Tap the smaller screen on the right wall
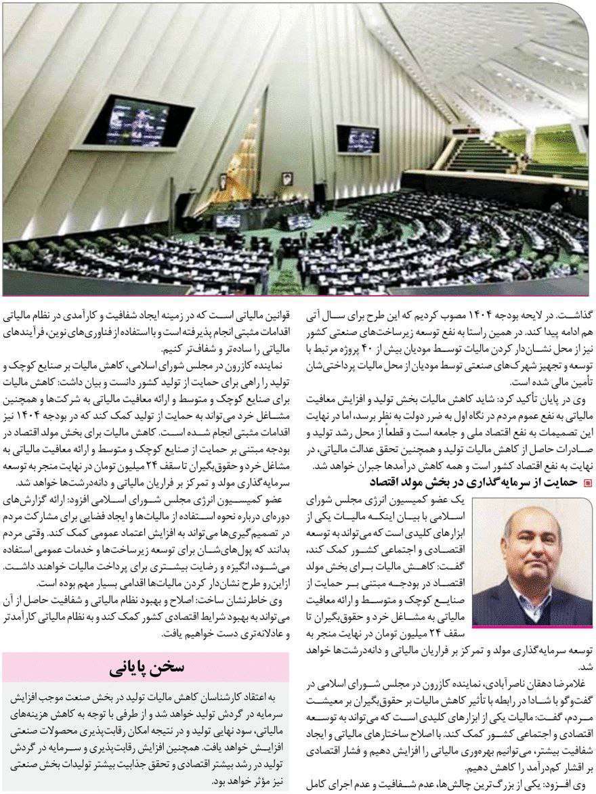tap(358, 139)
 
